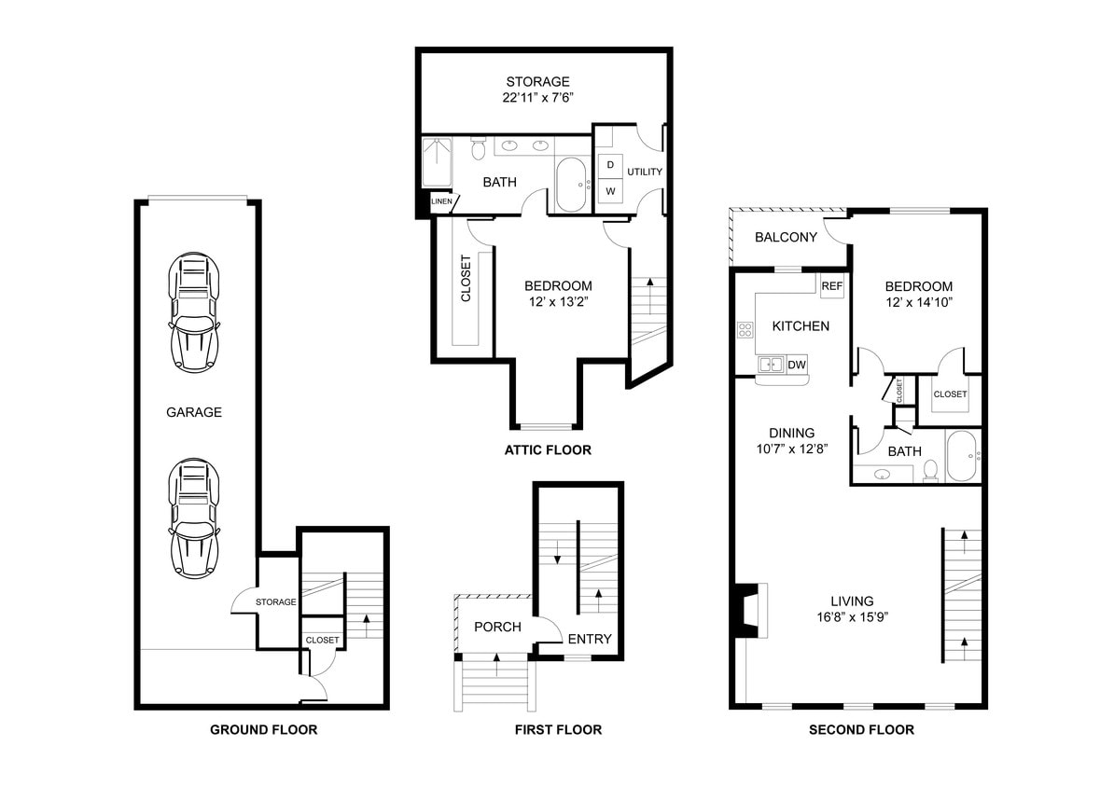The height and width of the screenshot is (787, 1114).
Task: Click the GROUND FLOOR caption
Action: [x=263, y=729]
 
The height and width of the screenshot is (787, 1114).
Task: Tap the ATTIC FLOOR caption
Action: [x=548, y=449]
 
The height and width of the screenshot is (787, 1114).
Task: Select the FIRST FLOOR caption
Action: [x=558, y=729]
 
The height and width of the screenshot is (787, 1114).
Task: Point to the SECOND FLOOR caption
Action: [x=861, y=729]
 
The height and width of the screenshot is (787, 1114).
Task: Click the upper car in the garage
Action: [x=194, y=313]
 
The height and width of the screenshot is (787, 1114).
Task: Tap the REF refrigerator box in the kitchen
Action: [x=831, y=286]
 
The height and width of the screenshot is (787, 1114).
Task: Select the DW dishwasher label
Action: [x=796, y=365]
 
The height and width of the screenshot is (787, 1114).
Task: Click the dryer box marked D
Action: [x=610, y=165]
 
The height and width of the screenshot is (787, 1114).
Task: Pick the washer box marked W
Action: [x=610, y=191]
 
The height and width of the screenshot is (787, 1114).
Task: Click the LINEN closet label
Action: [x=441, y=200]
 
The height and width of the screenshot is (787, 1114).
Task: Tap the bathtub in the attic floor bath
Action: [x=570, y=185]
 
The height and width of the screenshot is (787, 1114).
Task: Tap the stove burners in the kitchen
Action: [x=745, y=329]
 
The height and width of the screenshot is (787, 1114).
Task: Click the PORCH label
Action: [x=497, y=627]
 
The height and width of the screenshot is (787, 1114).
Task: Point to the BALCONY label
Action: [x=786, y=237]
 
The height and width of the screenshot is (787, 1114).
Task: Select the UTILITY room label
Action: [x=645, y=172]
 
